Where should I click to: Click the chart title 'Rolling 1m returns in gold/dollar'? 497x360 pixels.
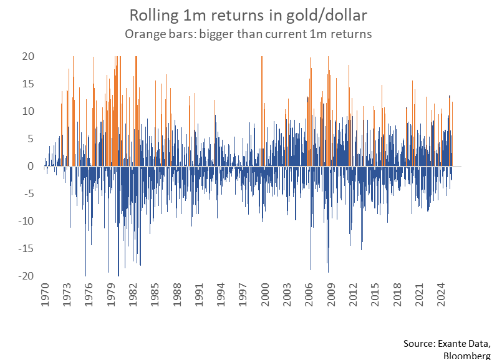[x=248, y=14]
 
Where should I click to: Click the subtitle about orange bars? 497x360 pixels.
[x=248, y=34]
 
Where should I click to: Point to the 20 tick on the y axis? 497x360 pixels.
[x=27, y=57]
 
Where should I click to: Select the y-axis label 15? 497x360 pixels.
[x=27, y=84]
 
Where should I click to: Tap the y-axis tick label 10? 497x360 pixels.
[x=27, y=112]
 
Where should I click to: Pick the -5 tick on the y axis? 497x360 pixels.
[x=27, y=194]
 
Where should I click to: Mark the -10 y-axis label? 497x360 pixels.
[x=25, y=221]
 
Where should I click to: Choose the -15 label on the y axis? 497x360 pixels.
[x=25, y=249]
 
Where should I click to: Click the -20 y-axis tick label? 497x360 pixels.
[x=25, y=276]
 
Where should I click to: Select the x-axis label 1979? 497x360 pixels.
[x=112, y=298]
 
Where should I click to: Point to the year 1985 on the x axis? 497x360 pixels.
[x=157, y=298]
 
